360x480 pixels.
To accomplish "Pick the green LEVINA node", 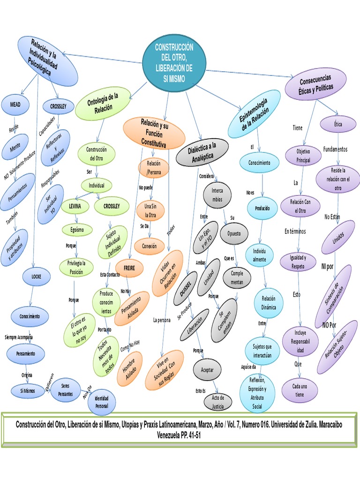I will [75, 206].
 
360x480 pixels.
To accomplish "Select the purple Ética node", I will [338, 124].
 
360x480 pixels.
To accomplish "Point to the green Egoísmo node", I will [77, 230].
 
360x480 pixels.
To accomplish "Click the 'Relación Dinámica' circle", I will [269, 303].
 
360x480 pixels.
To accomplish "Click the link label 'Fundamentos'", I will [335, 149].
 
